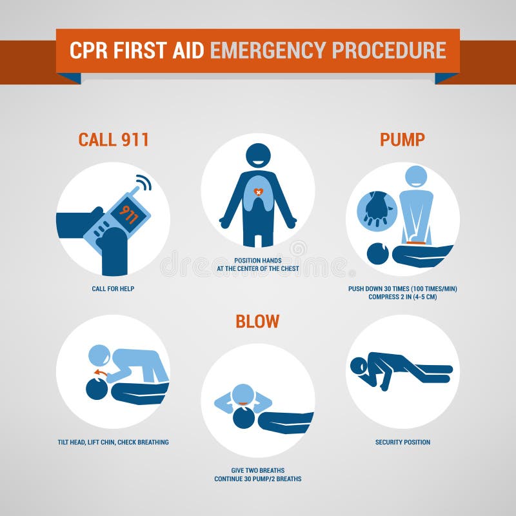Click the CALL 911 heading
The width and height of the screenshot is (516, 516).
pos(114,140)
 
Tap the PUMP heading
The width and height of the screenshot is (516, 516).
pos(402,140)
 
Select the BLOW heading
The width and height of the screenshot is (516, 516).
pos(257,321)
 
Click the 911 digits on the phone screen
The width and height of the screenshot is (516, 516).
pos(128,214)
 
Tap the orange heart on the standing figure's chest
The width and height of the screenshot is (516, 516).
pos(258,192)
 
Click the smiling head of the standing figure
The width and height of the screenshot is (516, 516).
pos(258,157)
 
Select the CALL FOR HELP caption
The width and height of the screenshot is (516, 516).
pos(113,288)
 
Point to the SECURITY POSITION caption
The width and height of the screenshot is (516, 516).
pos(402,442)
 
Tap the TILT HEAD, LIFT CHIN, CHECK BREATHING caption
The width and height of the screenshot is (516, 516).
pos(113,442)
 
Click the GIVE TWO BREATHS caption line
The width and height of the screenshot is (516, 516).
pos(258,470)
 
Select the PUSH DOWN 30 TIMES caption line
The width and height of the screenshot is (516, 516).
pos(402,288)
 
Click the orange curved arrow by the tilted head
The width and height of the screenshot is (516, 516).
pos(100,372)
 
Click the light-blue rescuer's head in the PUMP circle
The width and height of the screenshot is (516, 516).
pos(416,177)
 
